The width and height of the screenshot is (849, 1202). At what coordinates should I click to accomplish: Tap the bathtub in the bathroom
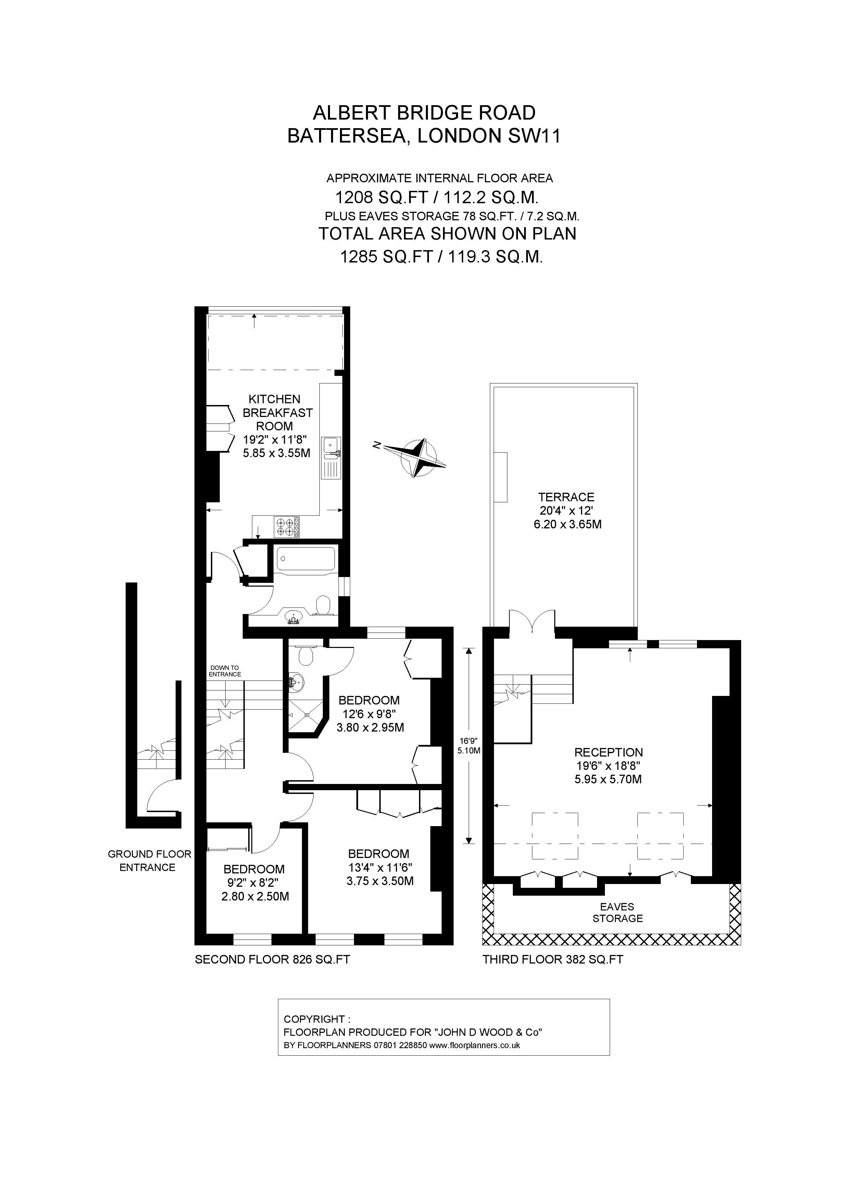click(305, 560)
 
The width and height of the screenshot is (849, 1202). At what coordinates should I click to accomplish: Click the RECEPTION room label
click(608, 752)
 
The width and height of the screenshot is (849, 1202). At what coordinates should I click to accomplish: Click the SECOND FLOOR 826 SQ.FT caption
click(272, 960)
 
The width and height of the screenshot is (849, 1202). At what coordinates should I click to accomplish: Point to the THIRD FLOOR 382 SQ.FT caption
click(553, 960)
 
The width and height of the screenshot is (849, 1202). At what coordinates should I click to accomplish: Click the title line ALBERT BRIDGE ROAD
click(424, 112)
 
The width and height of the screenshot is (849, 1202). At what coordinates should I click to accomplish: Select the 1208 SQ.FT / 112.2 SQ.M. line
click(437, 197)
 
